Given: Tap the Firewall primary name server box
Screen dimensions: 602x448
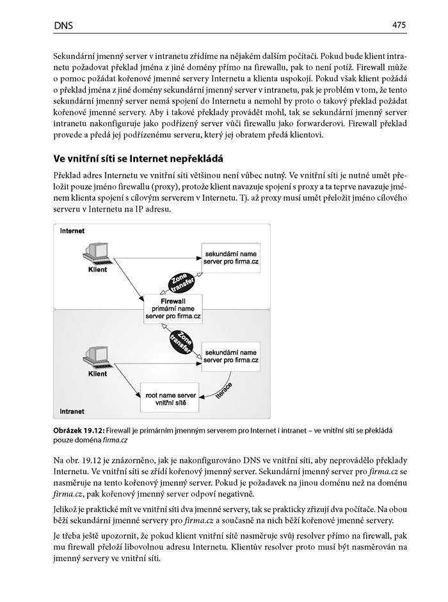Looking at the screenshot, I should pos(172,307).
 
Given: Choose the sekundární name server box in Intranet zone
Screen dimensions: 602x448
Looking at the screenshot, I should pos(230,356).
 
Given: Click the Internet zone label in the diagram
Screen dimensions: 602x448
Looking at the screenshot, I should pos(72,230).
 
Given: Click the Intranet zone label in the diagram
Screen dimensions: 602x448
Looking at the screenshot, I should pos(72,412).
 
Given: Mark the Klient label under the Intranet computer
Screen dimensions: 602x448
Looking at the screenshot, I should pos(97,374).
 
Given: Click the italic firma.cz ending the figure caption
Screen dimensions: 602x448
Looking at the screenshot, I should pos(115,441).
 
